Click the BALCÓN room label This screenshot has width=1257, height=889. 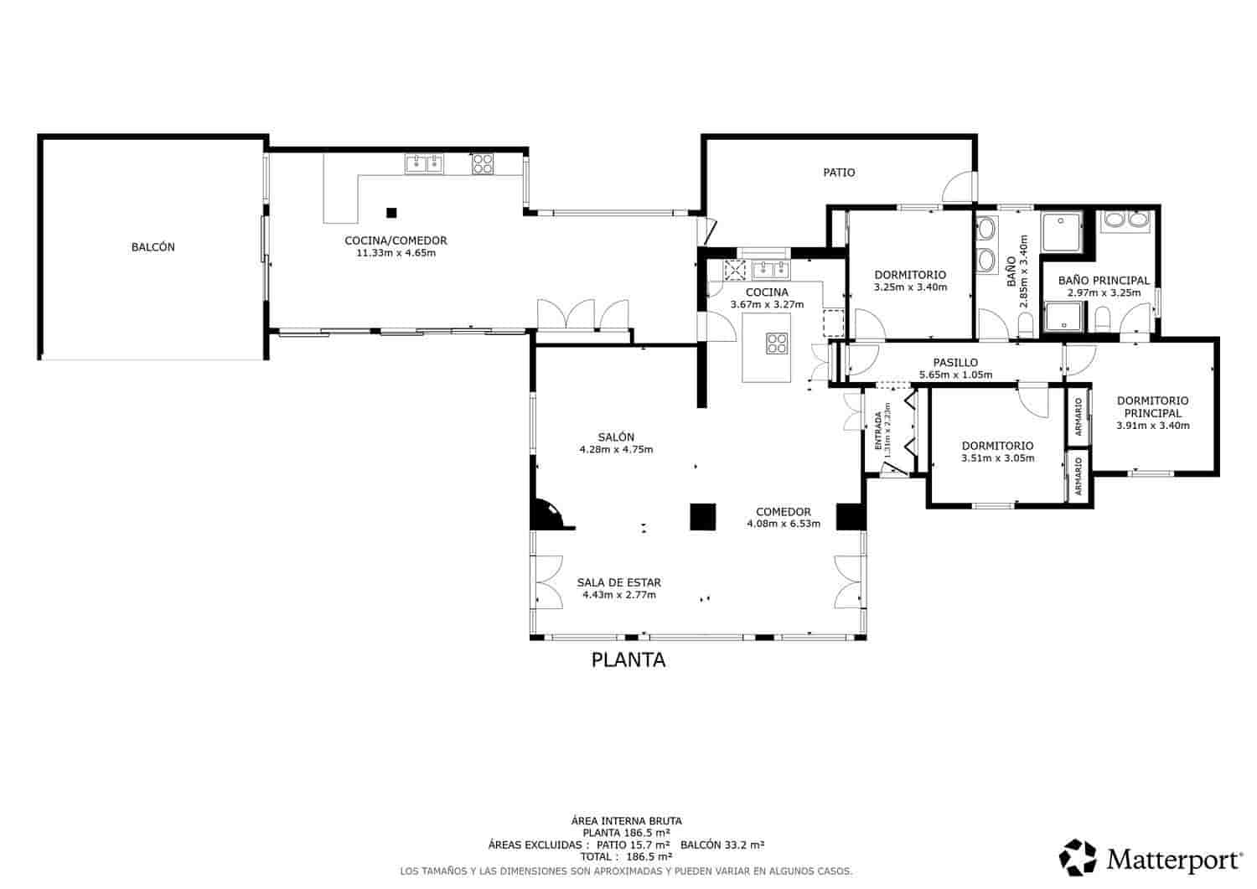click(153, 247)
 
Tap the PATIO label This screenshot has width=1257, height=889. click(839, 173)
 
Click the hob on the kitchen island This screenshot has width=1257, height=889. click(777, 344)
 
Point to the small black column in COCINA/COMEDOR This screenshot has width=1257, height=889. click(391, 212)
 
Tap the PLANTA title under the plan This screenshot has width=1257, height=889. click(628, 660)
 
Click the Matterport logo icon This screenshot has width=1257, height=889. click(1078, 856)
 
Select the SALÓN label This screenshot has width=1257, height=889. click(616, 437)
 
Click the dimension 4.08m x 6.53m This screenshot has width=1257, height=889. click(784, 524)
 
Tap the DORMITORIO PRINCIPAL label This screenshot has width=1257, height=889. click(1152, 406)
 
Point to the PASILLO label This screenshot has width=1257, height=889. click(955, 363)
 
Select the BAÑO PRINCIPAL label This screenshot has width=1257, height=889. click(1104, 281)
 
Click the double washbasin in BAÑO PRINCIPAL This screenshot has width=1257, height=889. click(1125, 220)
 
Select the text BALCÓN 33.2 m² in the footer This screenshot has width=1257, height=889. click(722, 845)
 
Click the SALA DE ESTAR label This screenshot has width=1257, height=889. click(618, 582)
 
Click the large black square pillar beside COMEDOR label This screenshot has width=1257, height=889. click(702, 516)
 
